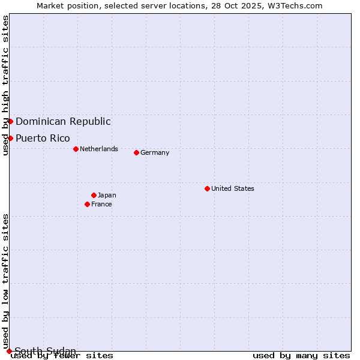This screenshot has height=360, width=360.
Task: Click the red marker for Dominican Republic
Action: point(10,121)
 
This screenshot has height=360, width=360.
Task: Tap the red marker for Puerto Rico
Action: point(10,138)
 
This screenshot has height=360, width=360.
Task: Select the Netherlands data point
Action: point(76,149)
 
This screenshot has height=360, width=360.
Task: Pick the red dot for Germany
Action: point(136,152)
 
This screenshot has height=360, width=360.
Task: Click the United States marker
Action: point(207,188)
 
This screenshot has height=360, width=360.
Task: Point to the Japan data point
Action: point(94,195)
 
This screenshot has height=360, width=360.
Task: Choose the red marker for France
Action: point(88,204)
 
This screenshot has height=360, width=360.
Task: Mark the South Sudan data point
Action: point(9,351)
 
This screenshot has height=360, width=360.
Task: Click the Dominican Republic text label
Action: point(63,121)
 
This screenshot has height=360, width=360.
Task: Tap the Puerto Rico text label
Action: point(43,138)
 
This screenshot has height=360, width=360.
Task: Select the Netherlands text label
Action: point(99,149)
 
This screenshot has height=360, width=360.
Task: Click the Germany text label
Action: point(155,152)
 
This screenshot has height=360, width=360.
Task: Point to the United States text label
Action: point(233,188)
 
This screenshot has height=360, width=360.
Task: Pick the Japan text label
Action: point(107,195)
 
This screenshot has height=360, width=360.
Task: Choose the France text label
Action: point(101,204)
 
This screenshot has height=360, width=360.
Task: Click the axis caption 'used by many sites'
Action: point(301,356)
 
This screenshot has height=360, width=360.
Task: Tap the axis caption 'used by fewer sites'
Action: point(62,356)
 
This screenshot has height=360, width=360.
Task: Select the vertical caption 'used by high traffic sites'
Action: point(5,86)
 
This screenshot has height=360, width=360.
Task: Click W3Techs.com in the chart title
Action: point(295,5)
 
